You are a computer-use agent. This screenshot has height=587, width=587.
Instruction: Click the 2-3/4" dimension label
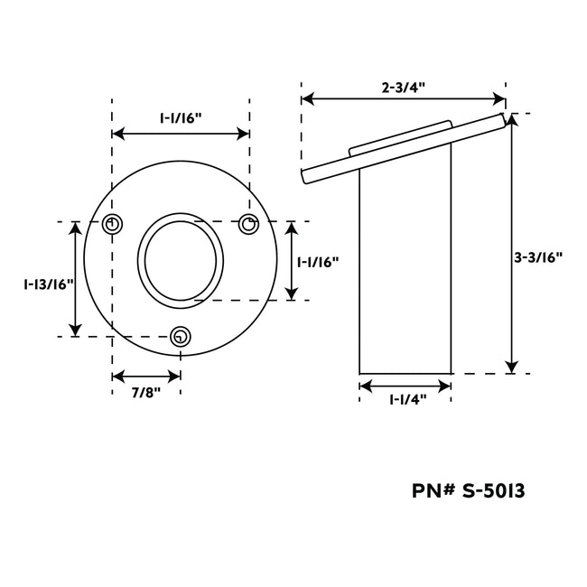[x=403, y=88]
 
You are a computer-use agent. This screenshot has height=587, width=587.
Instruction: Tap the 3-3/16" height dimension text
[x=539, y=256]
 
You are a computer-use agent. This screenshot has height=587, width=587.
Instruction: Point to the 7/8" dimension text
[x=145, y=393]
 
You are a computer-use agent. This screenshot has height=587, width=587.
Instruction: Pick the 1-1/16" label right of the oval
[x=318, y=262]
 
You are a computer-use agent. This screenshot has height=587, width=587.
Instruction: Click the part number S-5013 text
[x=469, y=491]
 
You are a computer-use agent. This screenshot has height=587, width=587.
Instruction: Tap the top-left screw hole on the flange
[x=112, y=225]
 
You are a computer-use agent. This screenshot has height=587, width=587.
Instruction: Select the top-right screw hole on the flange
[x=248, y=225]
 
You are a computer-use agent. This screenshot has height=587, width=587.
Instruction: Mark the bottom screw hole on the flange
[x=181, y=337]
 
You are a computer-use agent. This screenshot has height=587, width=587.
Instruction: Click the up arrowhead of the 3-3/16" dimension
[x=512, y=121]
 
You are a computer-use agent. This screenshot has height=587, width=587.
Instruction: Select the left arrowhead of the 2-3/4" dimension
[x=308, y=98]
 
